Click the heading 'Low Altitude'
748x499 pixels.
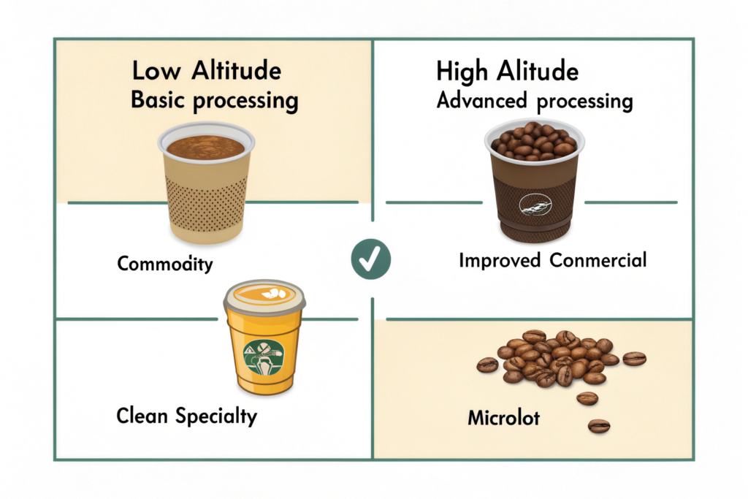207,71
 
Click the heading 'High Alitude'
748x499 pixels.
507,72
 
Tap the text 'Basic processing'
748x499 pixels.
215,101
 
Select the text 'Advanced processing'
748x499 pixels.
535,101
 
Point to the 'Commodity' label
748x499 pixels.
165,263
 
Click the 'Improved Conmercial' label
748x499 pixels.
553,261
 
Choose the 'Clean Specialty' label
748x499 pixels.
186,416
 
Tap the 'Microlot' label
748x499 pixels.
504,418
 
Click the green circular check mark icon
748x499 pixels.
370,259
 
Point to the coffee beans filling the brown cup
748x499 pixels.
534,140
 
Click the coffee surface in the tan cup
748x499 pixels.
205,147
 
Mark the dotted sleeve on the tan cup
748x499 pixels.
206,204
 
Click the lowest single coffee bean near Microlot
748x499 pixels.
599,425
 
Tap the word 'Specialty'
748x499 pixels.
216,416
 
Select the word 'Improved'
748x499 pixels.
500,261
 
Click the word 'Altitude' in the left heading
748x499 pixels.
237,71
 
